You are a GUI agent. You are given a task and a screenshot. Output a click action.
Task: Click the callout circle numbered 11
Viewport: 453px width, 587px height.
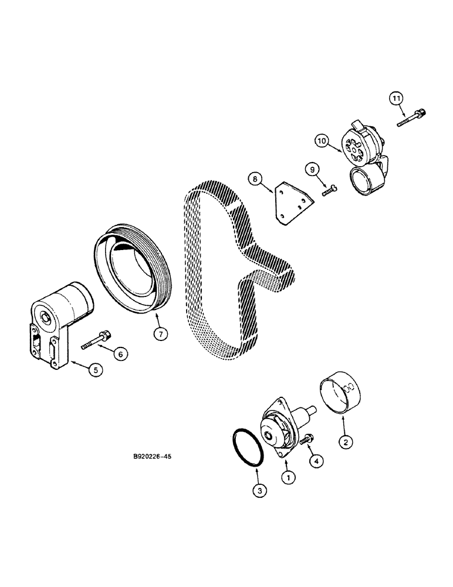click(x=397, y=100)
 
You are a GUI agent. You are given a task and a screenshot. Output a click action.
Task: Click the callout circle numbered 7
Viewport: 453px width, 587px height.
click(x=161, y=333)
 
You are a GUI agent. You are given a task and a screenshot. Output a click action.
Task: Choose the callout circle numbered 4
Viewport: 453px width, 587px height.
click(x=317, y=461)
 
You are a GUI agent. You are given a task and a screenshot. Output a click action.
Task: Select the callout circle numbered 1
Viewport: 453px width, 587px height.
click(x=288, y=478)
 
